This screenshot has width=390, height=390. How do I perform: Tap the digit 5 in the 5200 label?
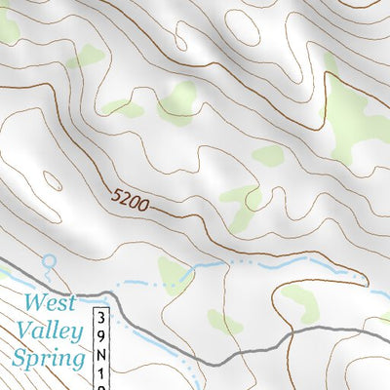pyautogui.click(x=115, y=198)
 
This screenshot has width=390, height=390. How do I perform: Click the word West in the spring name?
pyautogui.click(x=50, y=303)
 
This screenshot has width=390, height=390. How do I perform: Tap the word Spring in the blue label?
pyautogui.click(x=48, y=360)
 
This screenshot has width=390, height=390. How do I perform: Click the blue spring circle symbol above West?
pyautogui.click(x=49, y=261)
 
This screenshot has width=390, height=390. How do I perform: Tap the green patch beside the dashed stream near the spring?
pyautogui.click(x=175, y=273)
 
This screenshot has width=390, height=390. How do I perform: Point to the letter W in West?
pyautogui.click(x=34, y=303)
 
